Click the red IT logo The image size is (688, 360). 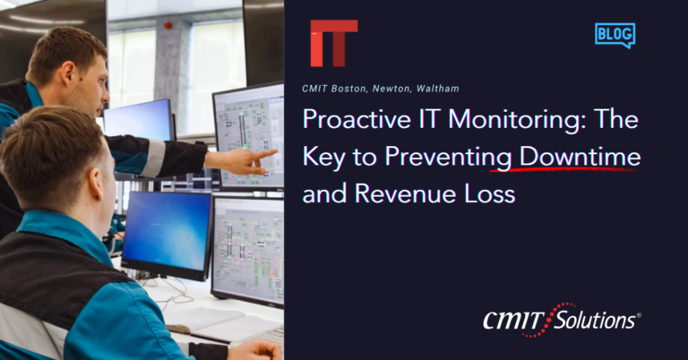coord(334,43)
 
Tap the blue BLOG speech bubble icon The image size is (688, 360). coord(615,35)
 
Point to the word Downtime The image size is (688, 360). coord(580,156)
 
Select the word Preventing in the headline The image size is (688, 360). coord(449,158)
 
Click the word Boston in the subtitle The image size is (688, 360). coord(348,89)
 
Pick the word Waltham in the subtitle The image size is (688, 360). coord(438,89)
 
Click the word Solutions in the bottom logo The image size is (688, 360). coord(596,321)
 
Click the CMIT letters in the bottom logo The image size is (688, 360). coord(514,321)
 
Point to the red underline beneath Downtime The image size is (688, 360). coord(563,168)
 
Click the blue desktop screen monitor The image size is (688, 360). coord(168,235)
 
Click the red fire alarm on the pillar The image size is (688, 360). coord(168,25)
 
